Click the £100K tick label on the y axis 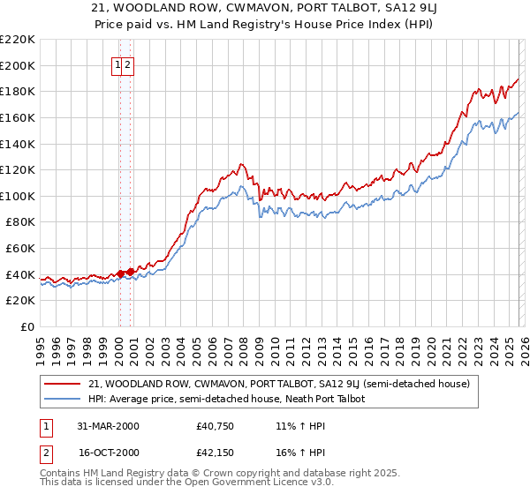coord(18,196)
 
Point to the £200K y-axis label coord(18,65)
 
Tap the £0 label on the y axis coord(26,327)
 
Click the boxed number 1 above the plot coord(118,64)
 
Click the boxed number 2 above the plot coord(128,64)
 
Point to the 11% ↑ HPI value coord(300,426)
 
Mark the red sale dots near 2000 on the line coord(121,273)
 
